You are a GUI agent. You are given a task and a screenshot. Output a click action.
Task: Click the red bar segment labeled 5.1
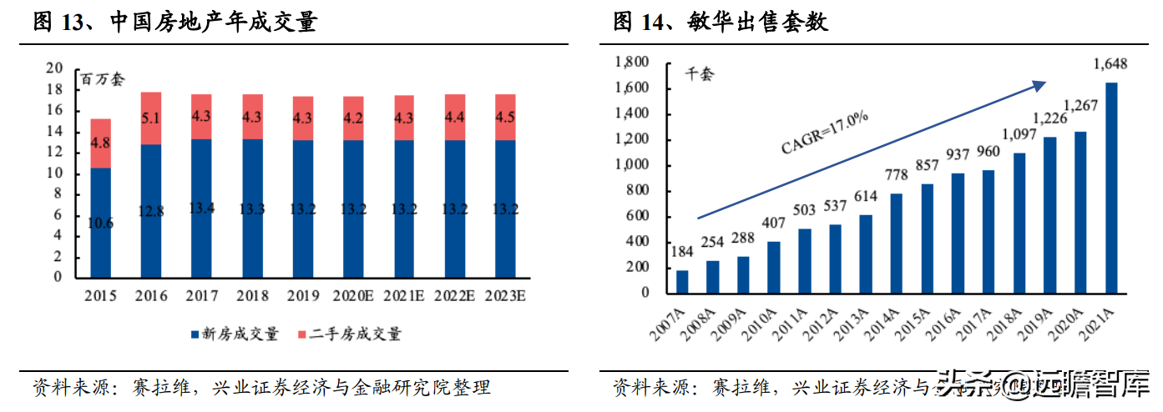point(150,118)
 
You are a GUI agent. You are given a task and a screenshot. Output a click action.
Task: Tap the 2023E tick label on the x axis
point(504,296)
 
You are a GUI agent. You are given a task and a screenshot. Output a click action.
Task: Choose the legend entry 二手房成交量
point(350,334)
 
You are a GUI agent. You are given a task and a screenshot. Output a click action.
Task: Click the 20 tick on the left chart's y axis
point(54,68)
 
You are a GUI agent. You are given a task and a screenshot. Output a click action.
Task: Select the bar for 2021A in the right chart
point(1110,188)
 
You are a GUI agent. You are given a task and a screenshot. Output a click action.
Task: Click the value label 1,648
point(1111,64)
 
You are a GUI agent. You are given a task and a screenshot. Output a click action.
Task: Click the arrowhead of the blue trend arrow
point(1039,83)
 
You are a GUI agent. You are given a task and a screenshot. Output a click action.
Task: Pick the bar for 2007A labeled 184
point(682,281)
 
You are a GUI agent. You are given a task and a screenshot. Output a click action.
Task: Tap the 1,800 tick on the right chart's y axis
point(632,63)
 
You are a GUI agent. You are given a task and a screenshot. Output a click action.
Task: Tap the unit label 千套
point(700,74)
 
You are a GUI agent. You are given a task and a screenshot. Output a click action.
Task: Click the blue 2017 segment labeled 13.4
point(201,208)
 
